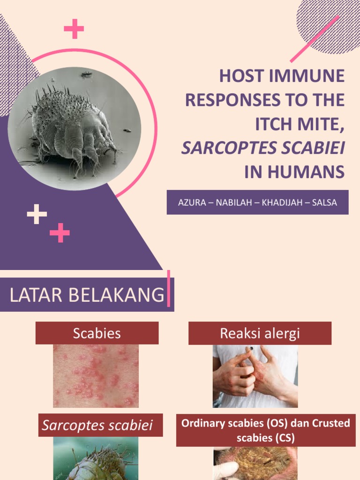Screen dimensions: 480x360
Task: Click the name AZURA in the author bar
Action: [191, 202]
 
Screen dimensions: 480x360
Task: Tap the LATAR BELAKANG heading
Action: [87, 295]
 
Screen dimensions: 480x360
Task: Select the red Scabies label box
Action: [97, 333]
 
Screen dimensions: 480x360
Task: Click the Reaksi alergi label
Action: [259, 333]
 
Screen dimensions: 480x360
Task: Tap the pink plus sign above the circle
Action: [74, 29]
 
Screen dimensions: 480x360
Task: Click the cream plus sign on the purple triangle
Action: [37, 215]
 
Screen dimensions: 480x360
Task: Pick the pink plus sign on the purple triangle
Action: [60, 232]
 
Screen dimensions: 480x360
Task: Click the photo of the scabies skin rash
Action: [96, 376]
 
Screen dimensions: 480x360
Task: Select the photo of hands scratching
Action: [255, 376]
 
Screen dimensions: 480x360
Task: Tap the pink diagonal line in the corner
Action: [315, 38]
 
